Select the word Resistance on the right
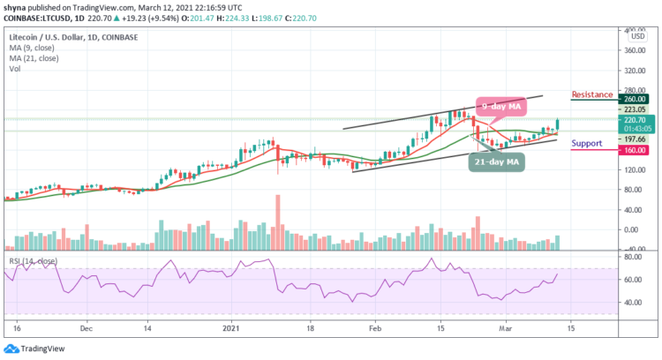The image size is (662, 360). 592,94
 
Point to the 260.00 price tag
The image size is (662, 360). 634,100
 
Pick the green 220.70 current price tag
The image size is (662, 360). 634,119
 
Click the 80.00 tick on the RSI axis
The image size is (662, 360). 632,258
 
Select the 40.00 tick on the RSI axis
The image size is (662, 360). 632,302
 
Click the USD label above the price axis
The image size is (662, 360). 635,36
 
